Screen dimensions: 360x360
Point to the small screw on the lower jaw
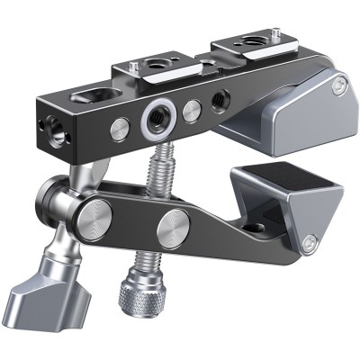310,241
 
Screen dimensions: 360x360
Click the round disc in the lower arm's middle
173,233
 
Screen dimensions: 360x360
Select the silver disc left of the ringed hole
121,130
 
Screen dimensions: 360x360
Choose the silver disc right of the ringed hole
191,111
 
